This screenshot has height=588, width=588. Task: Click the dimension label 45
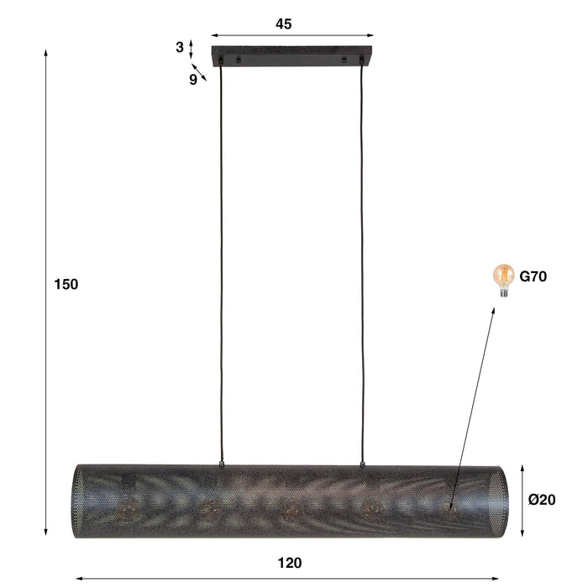tap(283, 24)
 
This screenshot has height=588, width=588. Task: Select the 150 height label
tap(66, 284)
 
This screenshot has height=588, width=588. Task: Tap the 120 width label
tap(289, 563)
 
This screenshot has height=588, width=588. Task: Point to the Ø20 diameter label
tap(543, 500)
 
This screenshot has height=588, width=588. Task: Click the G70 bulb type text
tap(533, 276)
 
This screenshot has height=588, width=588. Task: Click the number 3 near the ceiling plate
tap(180, 47)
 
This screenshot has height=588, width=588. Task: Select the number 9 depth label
tap(192, 80)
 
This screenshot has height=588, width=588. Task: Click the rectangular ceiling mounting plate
tap(292, 57)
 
